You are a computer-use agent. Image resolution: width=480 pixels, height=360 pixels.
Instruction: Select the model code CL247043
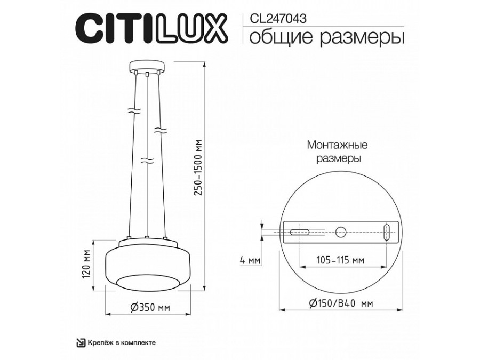tap(277, 17)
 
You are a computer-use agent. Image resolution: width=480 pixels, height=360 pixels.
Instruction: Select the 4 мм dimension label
tap(250, 261)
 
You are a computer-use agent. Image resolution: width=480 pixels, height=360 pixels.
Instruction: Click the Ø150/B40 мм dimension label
tap(340, 303)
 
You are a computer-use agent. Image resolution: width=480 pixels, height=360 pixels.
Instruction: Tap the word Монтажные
tap(337, 145)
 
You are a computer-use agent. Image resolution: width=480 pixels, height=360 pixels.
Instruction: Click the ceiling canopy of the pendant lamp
tap(146, 67)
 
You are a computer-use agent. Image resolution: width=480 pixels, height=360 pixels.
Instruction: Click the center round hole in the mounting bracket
tap(340, 231)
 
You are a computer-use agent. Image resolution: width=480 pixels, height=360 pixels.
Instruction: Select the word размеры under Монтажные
tap(337, 159)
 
